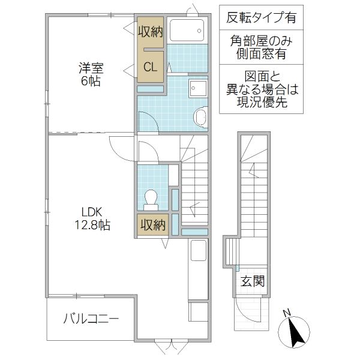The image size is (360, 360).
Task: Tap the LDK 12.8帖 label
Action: point(92,218)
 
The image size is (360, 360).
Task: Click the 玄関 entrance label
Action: point(253,281)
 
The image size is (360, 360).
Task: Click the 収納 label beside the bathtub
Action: point(150,32)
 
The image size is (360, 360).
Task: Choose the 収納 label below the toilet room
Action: point(153,225)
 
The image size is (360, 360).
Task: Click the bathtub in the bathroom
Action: point(187,31)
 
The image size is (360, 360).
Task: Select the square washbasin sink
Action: point(197,88)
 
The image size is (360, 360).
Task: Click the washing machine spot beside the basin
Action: point(201,116)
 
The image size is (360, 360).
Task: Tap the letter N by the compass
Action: point(287,312)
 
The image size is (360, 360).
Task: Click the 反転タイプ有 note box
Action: point(261,17)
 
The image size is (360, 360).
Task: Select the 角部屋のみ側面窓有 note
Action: point(261,47)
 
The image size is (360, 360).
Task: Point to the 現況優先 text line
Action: point(261,103)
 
